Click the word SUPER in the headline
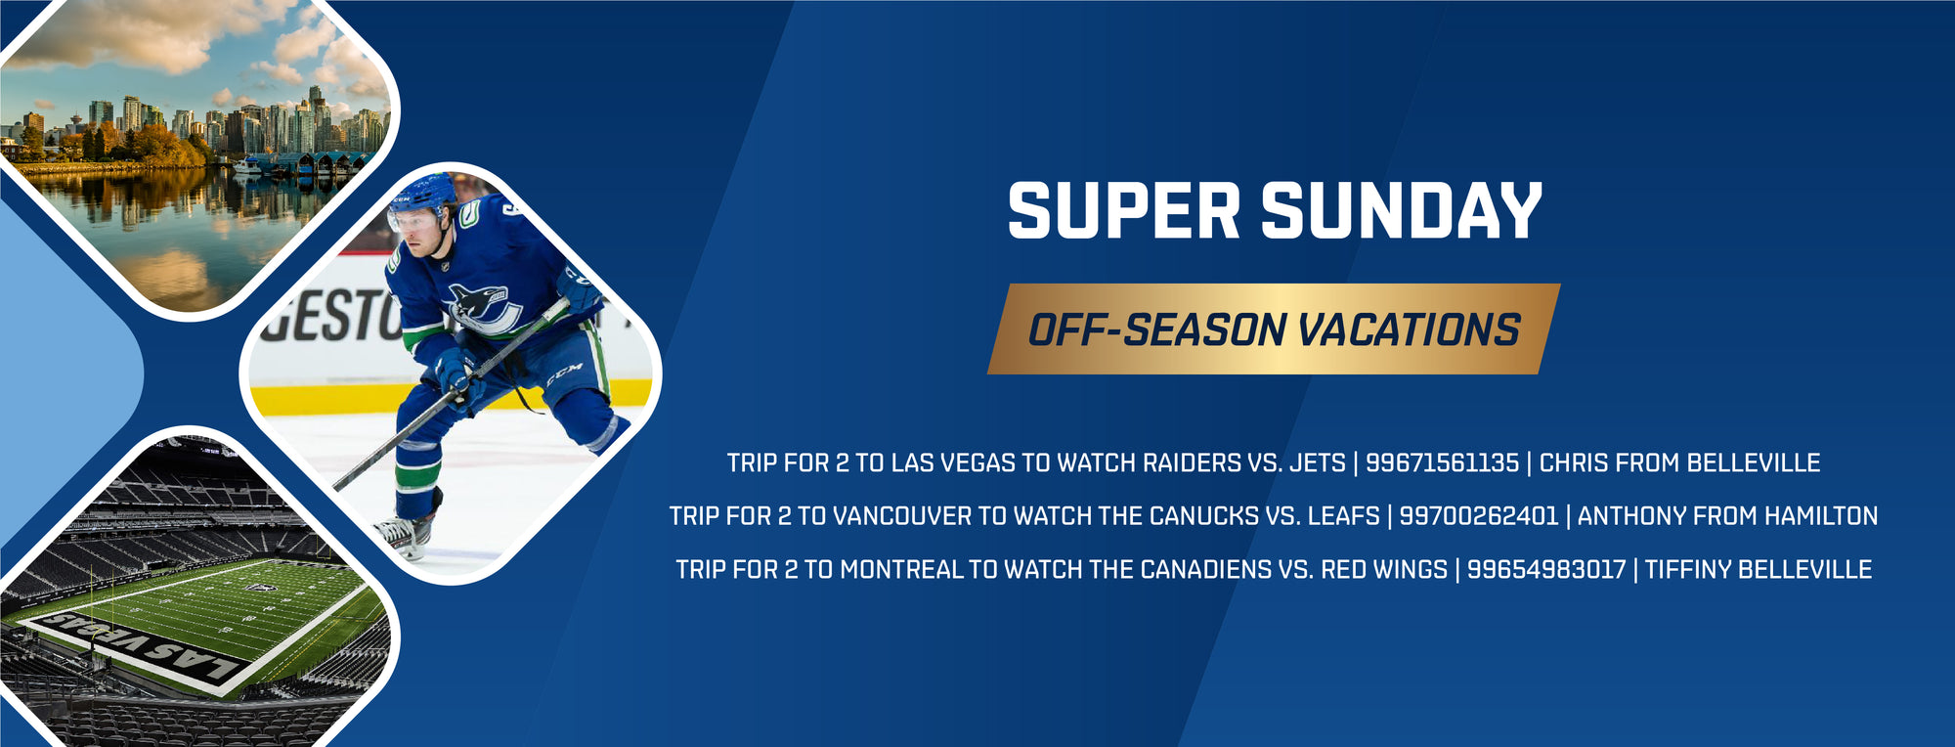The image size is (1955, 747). click(x=1124, y=210)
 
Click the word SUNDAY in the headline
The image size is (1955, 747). click(x=1402, y=210)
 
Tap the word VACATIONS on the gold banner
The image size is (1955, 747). click(x=1409, y=330)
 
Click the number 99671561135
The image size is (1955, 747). click(x=1442, y=462)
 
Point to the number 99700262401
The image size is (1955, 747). click(x=1478, y=516)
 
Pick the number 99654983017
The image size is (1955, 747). click(x=1546, y=569)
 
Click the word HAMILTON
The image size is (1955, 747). click(x=1821, y=516)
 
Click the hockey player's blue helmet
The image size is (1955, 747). click(x=422, y=193)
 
